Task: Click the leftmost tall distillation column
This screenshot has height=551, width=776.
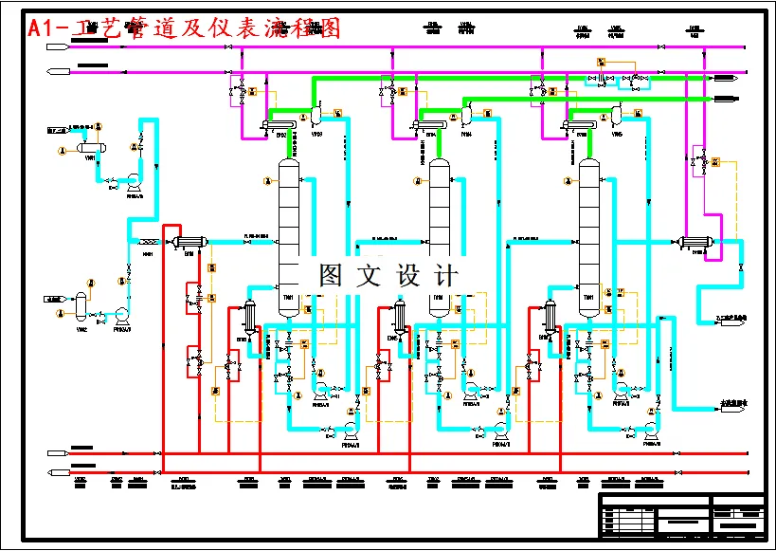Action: click(288, 228)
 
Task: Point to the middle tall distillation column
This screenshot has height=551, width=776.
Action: click(439, 228)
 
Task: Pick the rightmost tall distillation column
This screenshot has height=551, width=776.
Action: click(589, 228)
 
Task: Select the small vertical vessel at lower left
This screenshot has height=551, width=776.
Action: click(81, 305)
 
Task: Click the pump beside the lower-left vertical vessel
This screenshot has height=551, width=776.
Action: click(122, 314)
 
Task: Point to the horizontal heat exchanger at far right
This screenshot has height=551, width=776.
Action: click(695, 242)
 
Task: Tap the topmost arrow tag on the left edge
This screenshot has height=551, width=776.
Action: click(58, 45)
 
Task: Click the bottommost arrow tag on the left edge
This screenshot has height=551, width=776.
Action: click(58, 471)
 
